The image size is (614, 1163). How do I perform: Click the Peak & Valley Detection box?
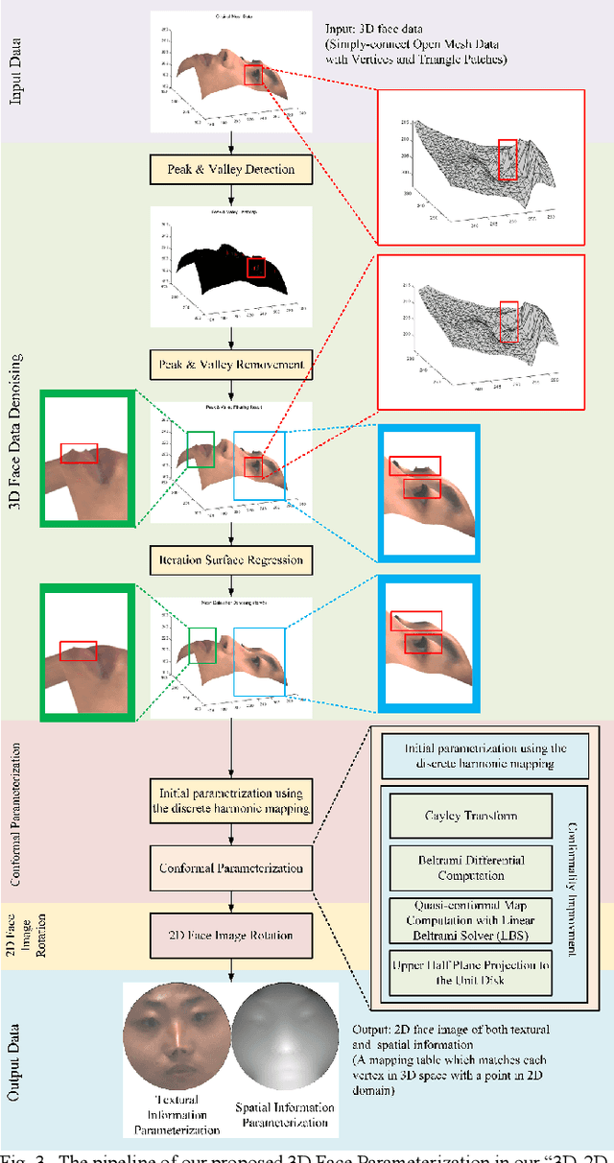click(x=231, y=170)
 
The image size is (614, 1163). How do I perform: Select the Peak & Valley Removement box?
click(x=231, y=365)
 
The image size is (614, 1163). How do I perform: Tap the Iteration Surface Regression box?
click(x=231, y=559)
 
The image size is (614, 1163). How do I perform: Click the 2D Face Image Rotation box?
click(x=231, y=936)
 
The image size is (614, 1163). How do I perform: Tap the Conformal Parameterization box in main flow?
click(x=231, y=868)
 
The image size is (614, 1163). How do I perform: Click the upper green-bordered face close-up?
click(x=85, y=458)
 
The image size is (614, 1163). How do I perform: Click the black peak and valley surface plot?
click(x=230, y=261)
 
